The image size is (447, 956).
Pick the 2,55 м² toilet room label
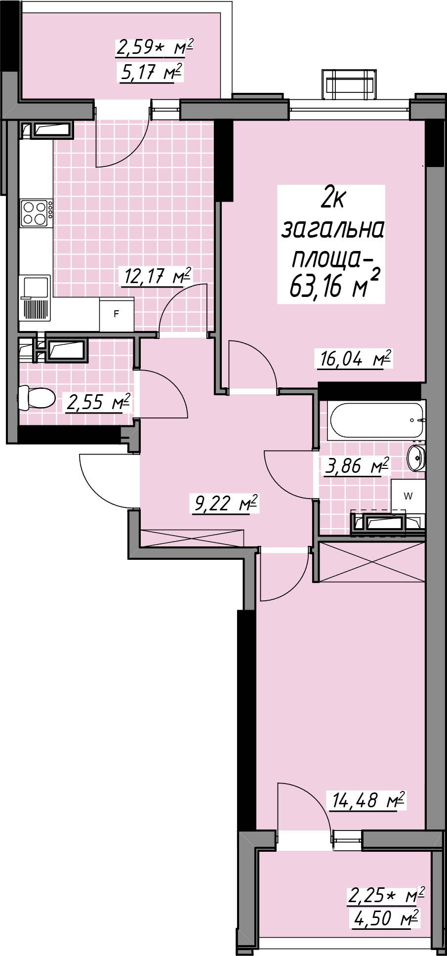click(98, 402)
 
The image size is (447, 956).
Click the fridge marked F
click(117, 314)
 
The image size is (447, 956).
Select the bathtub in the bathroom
click(377, 420)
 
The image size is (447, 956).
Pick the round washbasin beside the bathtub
click(416, 457)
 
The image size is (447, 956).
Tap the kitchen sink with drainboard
click(35, 298)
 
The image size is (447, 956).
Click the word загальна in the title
click(332, 229)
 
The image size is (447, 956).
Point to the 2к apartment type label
click(332, 199)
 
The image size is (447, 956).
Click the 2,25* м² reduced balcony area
click(387, 896)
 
